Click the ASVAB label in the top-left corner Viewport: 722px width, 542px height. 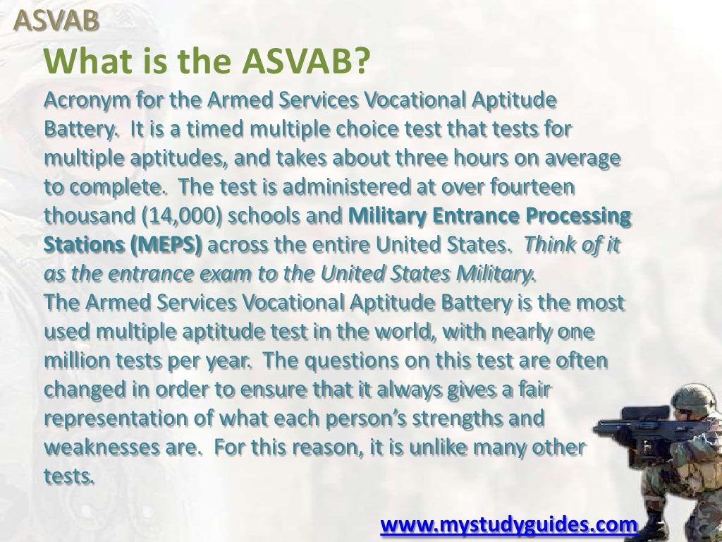coord(57,22)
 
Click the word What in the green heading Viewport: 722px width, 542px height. coord(80,64)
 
